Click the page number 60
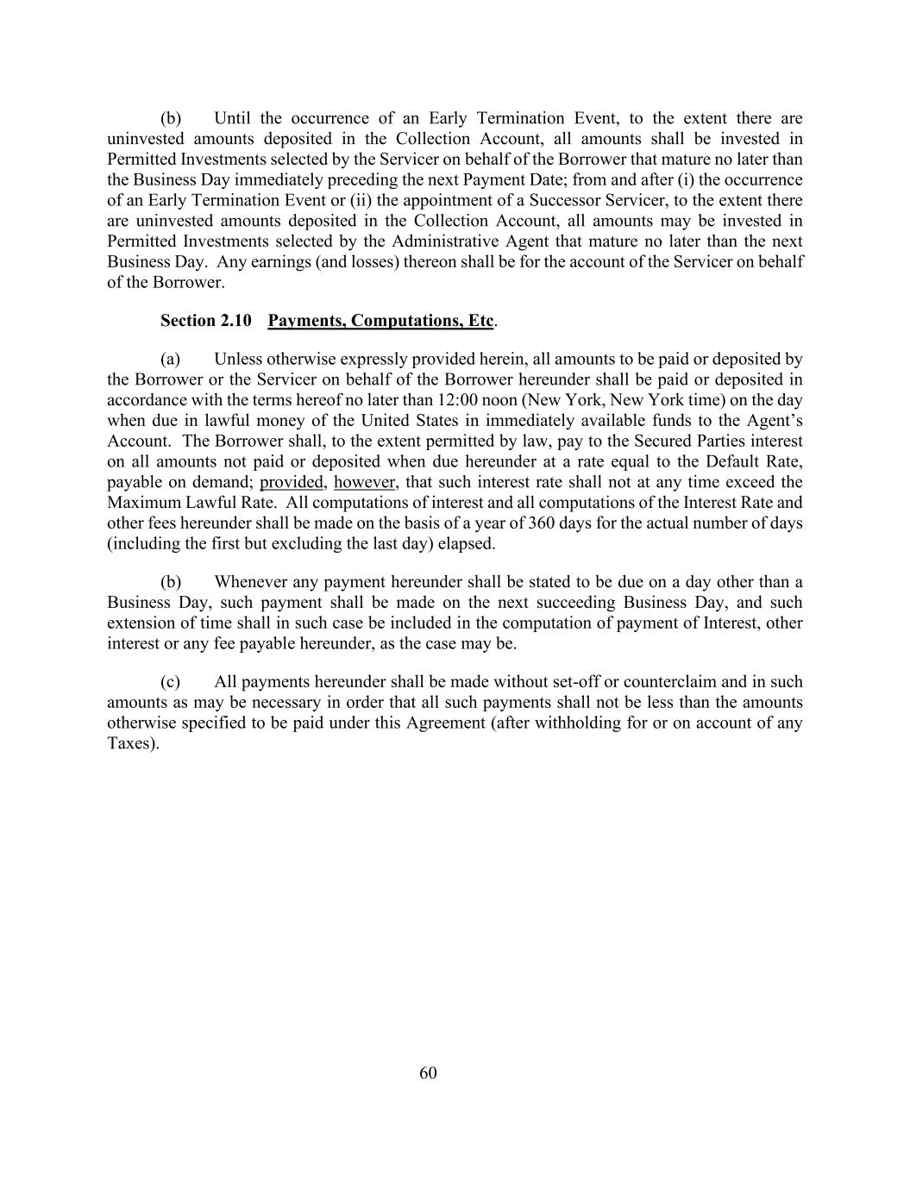point(428,1073)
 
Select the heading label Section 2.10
point(205,321)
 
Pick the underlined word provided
point(291,482)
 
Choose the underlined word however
point(365,482)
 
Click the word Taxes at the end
point(130,743)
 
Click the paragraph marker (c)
point(170,682)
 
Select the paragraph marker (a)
point(170,359)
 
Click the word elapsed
point(466,544)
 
